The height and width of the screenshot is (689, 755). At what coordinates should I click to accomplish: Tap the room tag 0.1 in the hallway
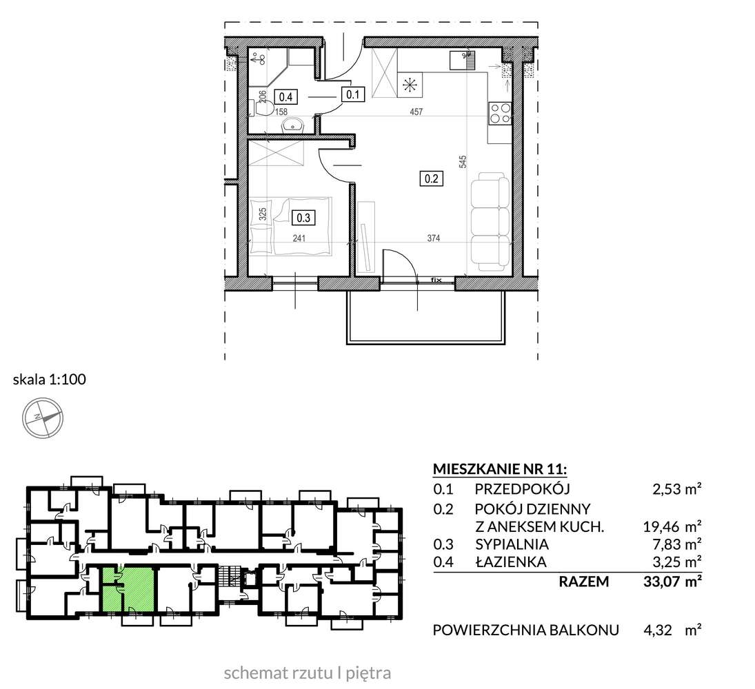354,95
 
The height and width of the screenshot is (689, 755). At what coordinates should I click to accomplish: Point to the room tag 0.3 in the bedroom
302,218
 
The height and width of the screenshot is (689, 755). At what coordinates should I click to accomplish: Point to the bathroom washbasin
294,126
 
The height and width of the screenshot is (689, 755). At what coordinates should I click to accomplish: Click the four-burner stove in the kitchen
500,112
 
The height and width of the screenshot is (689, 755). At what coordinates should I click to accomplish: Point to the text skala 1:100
49,379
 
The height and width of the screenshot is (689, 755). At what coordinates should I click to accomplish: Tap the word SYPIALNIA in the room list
511,544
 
